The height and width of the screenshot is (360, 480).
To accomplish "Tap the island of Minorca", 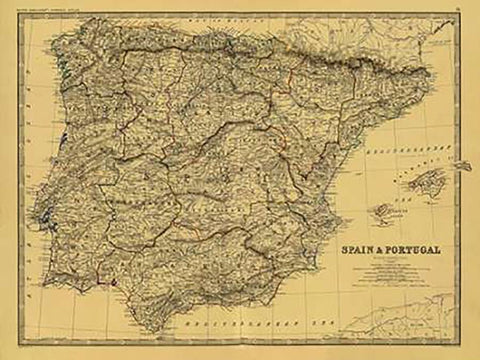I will (x=462, y=165).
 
